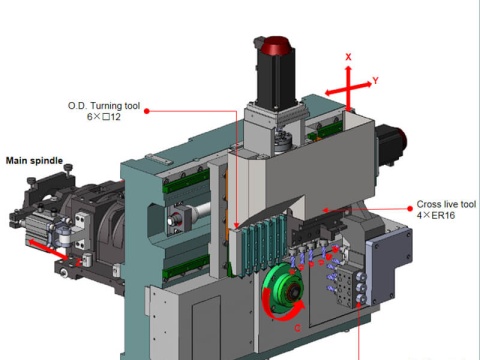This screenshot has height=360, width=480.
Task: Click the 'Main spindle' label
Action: (x=34, y=161)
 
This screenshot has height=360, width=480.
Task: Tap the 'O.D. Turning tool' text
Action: (x=104, y=106)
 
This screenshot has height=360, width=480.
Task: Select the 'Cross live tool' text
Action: (x=446, y=204)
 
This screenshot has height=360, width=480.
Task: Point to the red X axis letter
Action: (x=348, y=57)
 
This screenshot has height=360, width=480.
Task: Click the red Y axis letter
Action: (x=376, y=81)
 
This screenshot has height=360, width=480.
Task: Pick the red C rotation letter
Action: (x=298, y=328)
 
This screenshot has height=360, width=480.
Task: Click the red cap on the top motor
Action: (x=275, y=46)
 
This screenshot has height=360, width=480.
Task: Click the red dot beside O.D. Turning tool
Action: (x=147, y=111)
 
